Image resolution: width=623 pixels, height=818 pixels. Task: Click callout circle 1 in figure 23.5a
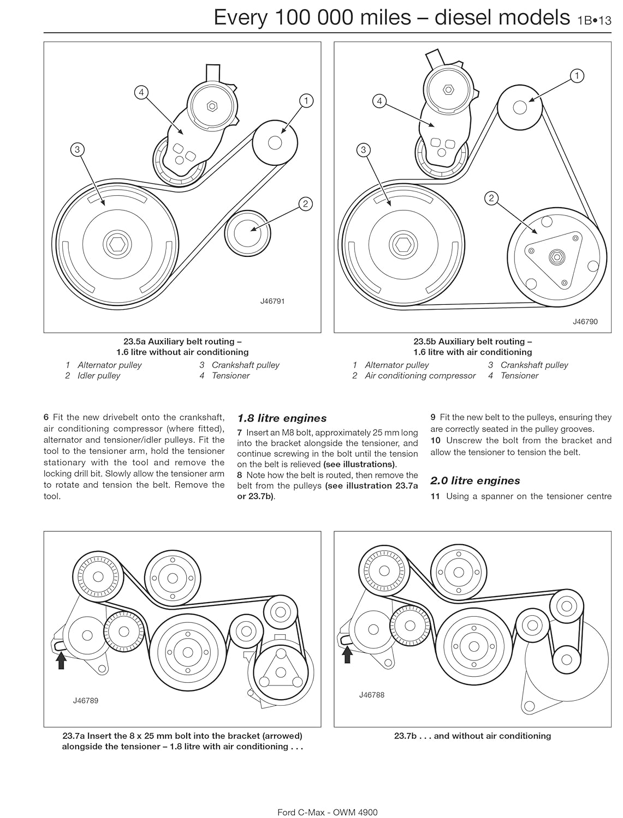(x=306, y=100)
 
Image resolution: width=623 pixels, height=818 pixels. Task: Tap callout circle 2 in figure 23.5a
(x=305, y=204)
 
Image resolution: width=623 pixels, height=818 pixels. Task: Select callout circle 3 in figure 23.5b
(x=364, y=150)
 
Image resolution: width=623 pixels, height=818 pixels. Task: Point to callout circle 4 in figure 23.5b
(x=379, y=101)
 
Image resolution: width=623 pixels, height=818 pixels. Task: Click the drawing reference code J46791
(x=272, y=301)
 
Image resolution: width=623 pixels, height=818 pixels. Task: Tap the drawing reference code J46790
(x=585, y=322)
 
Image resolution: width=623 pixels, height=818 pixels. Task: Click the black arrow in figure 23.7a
(x=61, y=660)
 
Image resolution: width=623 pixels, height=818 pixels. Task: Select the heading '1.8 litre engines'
(x=282, y=418)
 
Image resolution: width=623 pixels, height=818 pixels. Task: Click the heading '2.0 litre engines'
(x=475, y=480)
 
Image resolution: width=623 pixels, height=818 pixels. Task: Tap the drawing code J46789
(x=86, y=701)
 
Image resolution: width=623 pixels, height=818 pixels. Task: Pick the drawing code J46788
(x=372, y=695)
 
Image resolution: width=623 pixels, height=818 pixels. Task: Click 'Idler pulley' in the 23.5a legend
(x=99, y=376)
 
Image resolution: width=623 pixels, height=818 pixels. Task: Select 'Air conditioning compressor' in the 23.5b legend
(x=420, y=376)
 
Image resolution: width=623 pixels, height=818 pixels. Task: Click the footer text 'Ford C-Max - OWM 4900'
(x=328, y=812)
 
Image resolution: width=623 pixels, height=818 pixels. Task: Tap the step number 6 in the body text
(x=46, y=418)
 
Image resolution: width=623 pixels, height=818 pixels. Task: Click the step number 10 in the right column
(x=435, y=440)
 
